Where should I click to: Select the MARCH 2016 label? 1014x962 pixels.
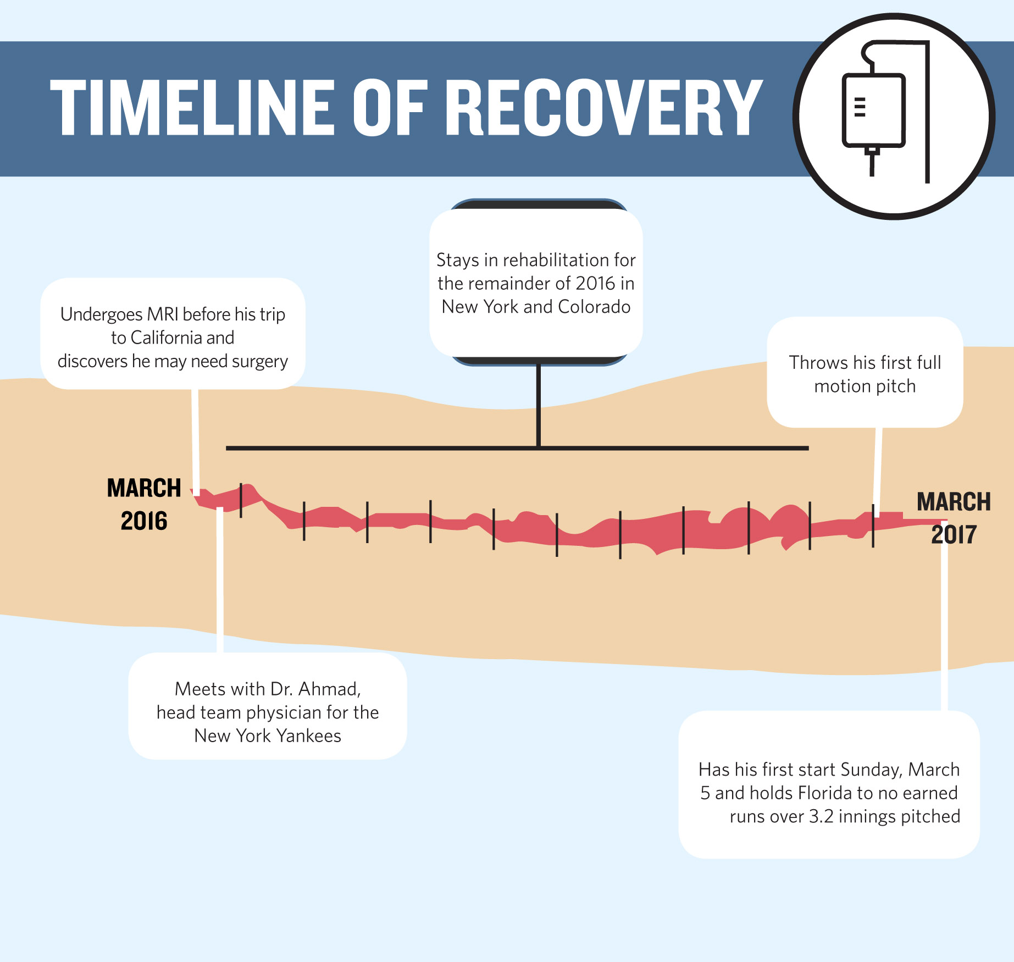click(x=144, y=504)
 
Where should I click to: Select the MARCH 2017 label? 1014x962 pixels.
click(x=954, y=518)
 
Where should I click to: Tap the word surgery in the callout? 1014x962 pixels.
click(x=259, y=362)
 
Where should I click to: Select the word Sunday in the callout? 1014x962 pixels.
click(x=871, y=770)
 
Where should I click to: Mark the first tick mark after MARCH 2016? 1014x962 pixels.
click(x=241, y=500)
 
